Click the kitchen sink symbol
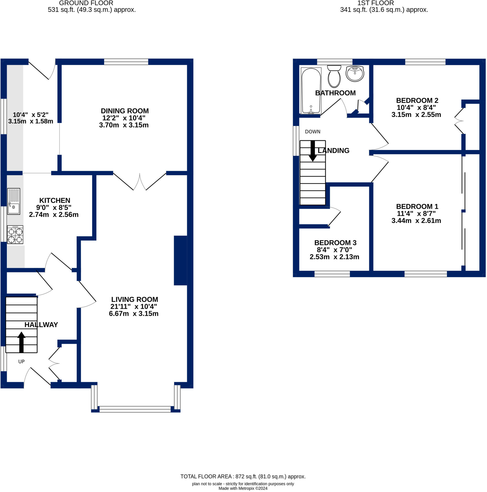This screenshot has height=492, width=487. point(13,201)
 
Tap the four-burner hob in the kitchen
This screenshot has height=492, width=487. point(15,234)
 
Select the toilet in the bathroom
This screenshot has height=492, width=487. point(334,76)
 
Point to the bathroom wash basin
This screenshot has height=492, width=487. point(355,74)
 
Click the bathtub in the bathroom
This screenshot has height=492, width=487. point(311,91)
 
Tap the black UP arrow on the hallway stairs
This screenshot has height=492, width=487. point(21,342)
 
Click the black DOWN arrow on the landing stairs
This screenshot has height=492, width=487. point(313,151)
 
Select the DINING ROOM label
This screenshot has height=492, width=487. point(124,111)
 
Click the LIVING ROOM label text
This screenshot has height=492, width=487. point(135,300)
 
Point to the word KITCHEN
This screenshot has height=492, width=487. point(55,200)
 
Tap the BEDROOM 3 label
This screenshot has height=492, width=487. point(335,243)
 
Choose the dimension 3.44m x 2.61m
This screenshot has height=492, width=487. point(416,221)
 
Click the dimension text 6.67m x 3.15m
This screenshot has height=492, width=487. point(134,314)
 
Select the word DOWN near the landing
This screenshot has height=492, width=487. point(313,132)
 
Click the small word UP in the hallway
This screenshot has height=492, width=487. point(21,362)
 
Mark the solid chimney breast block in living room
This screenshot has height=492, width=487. point(181,260)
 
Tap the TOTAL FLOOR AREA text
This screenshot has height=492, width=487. point(243,476)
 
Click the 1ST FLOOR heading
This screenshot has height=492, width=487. point(376,3)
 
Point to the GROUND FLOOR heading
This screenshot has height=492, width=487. point(86,3)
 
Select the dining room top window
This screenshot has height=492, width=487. point(126,62)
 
